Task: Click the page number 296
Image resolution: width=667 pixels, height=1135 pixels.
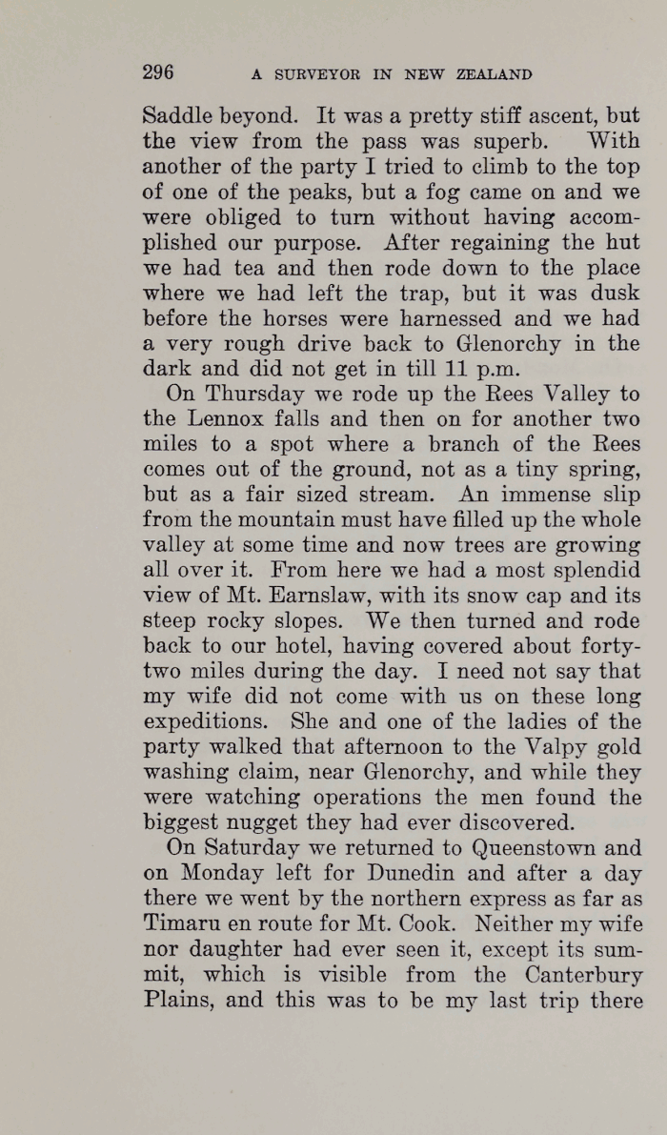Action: (x=158, y=72)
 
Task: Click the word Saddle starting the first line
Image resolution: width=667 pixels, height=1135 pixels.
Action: (x=178, y=118)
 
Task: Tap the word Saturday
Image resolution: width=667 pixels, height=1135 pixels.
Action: (x=248, y=848)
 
